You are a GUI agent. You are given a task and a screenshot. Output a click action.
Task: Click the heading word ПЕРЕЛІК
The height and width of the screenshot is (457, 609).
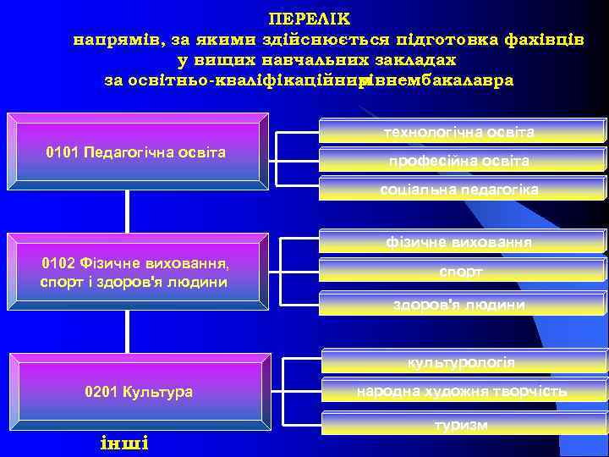pos(309,18)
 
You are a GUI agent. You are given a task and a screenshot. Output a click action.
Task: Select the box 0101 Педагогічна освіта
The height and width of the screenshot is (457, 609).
pos(136,152)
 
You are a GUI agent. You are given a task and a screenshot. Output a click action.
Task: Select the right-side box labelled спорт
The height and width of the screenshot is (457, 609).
pos(460,272)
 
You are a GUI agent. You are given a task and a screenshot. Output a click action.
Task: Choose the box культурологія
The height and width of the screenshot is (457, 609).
pos(461,363)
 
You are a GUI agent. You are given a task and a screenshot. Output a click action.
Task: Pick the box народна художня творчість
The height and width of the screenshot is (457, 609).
pos(461,391)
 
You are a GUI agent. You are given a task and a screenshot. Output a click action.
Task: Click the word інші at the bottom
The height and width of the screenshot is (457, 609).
pos(123,443)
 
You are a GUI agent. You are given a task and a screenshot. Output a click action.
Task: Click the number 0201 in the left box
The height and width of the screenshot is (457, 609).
pos(101,392)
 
